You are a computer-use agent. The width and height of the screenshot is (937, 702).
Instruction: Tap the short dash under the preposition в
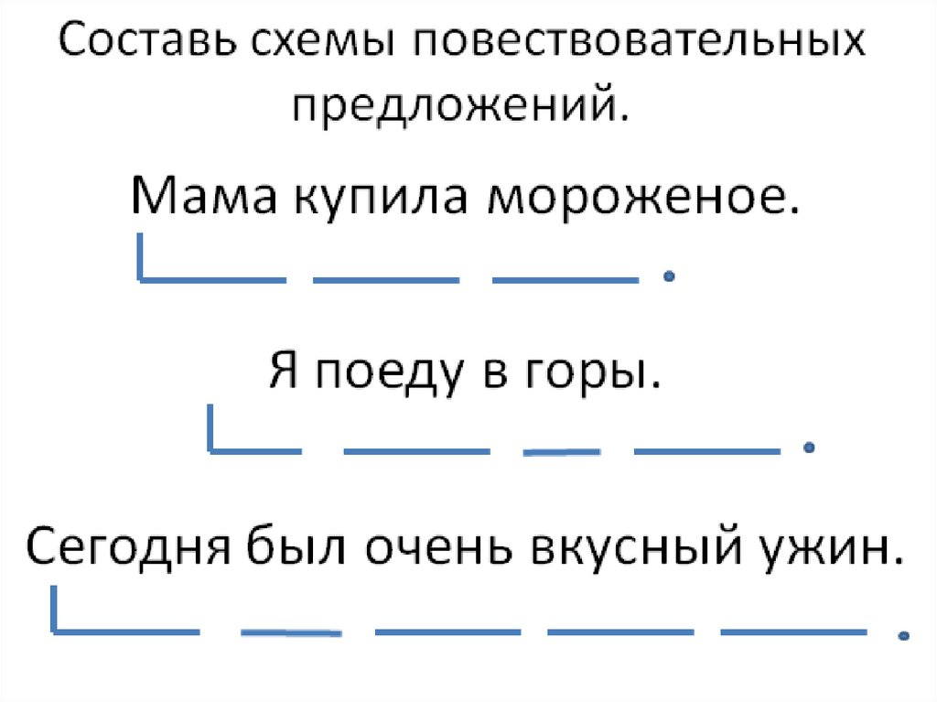561,451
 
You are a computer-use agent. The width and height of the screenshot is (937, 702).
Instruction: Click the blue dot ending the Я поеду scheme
807,448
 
